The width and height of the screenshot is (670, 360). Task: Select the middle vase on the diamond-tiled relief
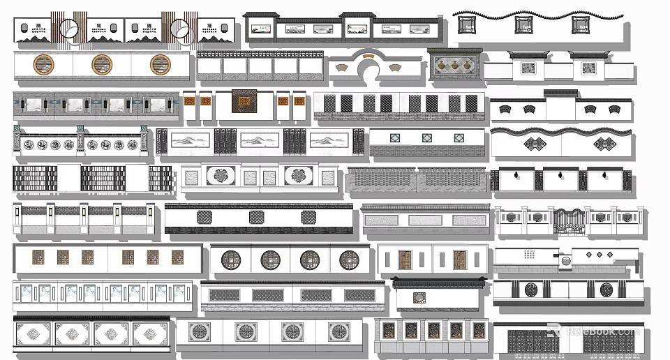pos(455,66)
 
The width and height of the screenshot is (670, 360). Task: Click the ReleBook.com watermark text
pos(600,331)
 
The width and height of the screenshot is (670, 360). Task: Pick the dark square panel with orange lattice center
pos(244,102)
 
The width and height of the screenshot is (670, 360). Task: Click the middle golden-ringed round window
pos(102,65)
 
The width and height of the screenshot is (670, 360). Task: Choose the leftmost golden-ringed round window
pos(43,65)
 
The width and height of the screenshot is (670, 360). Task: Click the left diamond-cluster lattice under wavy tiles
pos(535,144)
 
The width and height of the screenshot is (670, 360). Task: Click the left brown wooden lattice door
pos(405,260)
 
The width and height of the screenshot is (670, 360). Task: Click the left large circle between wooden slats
pos(68,29)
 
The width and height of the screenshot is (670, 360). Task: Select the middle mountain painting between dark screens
pos(262,140)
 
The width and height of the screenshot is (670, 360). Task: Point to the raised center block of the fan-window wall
pos(560,107)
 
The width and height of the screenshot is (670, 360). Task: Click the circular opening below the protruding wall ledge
pos(566,261)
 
